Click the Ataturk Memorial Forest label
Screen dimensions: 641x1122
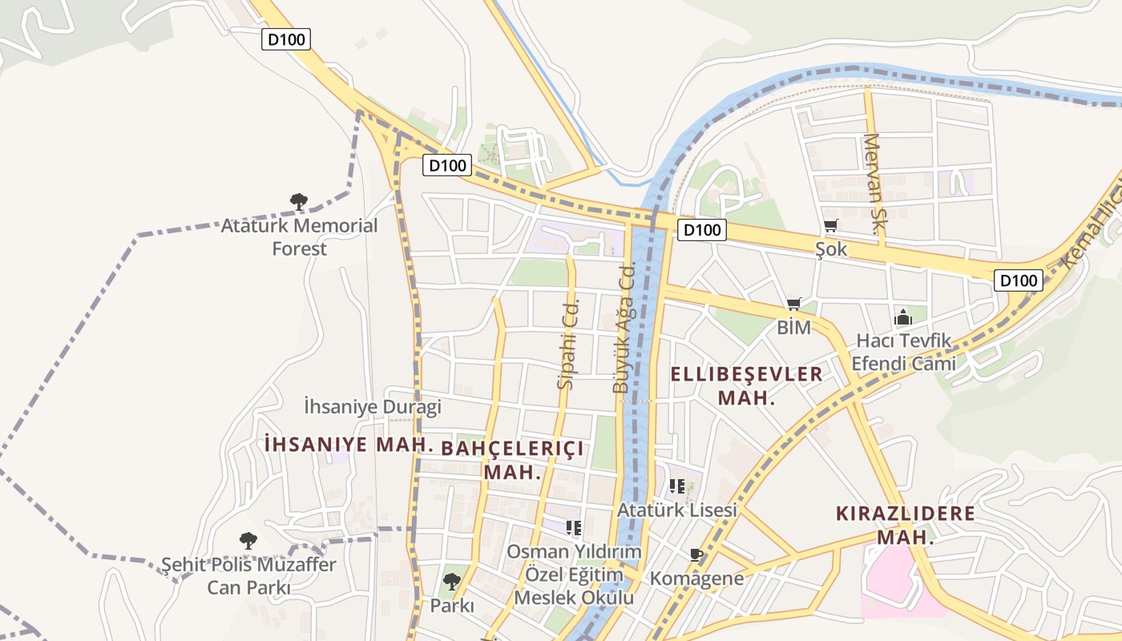click(299, 237)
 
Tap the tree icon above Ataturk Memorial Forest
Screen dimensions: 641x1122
click(299, 201)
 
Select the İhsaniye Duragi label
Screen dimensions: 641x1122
click(373, 407)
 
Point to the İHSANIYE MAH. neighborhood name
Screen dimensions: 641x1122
click(349, 445)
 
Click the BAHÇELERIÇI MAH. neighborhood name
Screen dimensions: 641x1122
click(513, 460)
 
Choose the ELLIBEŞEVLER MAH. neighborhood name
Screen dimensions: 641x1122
click(746, 385)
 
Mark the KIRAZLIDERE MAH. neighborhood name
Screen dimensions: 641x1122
click(906, 525)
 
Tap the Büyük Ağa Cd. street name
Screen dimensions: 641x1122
click(624, 330)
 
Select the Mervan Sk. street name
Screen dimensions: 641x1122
click(873, 184)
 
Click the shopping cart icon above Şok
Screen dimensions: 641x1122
click(831, 227)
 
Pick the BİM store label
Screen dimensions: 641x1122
click(794, 328)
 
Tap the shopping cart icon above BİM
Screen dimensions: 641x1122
click(794, 304)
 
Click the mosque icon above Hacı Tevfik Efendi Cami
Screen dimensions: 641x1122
click(903, 317)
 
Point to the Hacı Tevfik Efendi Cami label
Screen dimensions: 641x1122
click(903, 352)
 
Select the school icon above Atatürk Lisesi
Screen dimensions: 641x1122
click(677, 486)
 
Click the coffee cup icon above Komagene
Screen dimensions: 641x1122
click(696, 554)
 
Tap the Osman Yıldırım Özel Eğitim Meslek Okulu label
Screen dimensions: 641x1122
click(574, 574)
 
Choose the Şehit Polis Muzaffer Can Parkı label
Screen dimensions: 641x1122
click(248, 576)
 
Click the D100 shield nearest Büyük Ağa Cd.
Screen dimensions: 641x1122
click(702, 231)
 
